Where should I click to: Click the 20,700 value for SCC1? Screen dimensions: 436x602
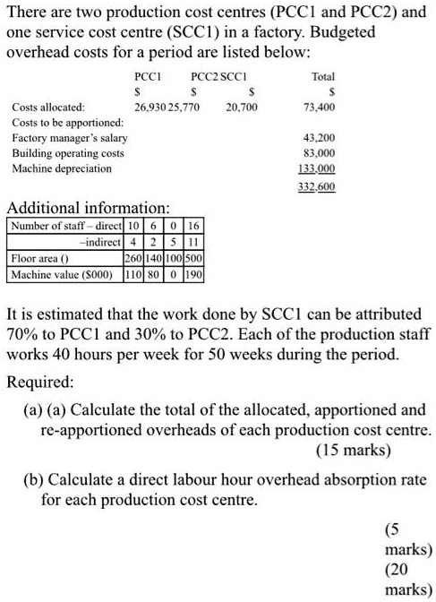242,107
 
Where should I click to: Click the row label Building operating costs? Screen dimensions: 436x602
67,153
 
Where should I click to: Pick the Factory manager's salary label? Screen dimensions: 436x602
69,138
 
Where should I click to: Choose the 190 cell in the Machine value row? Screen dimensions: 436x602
193,273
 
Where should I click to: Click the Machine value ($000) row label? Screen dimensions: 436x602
62,273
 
